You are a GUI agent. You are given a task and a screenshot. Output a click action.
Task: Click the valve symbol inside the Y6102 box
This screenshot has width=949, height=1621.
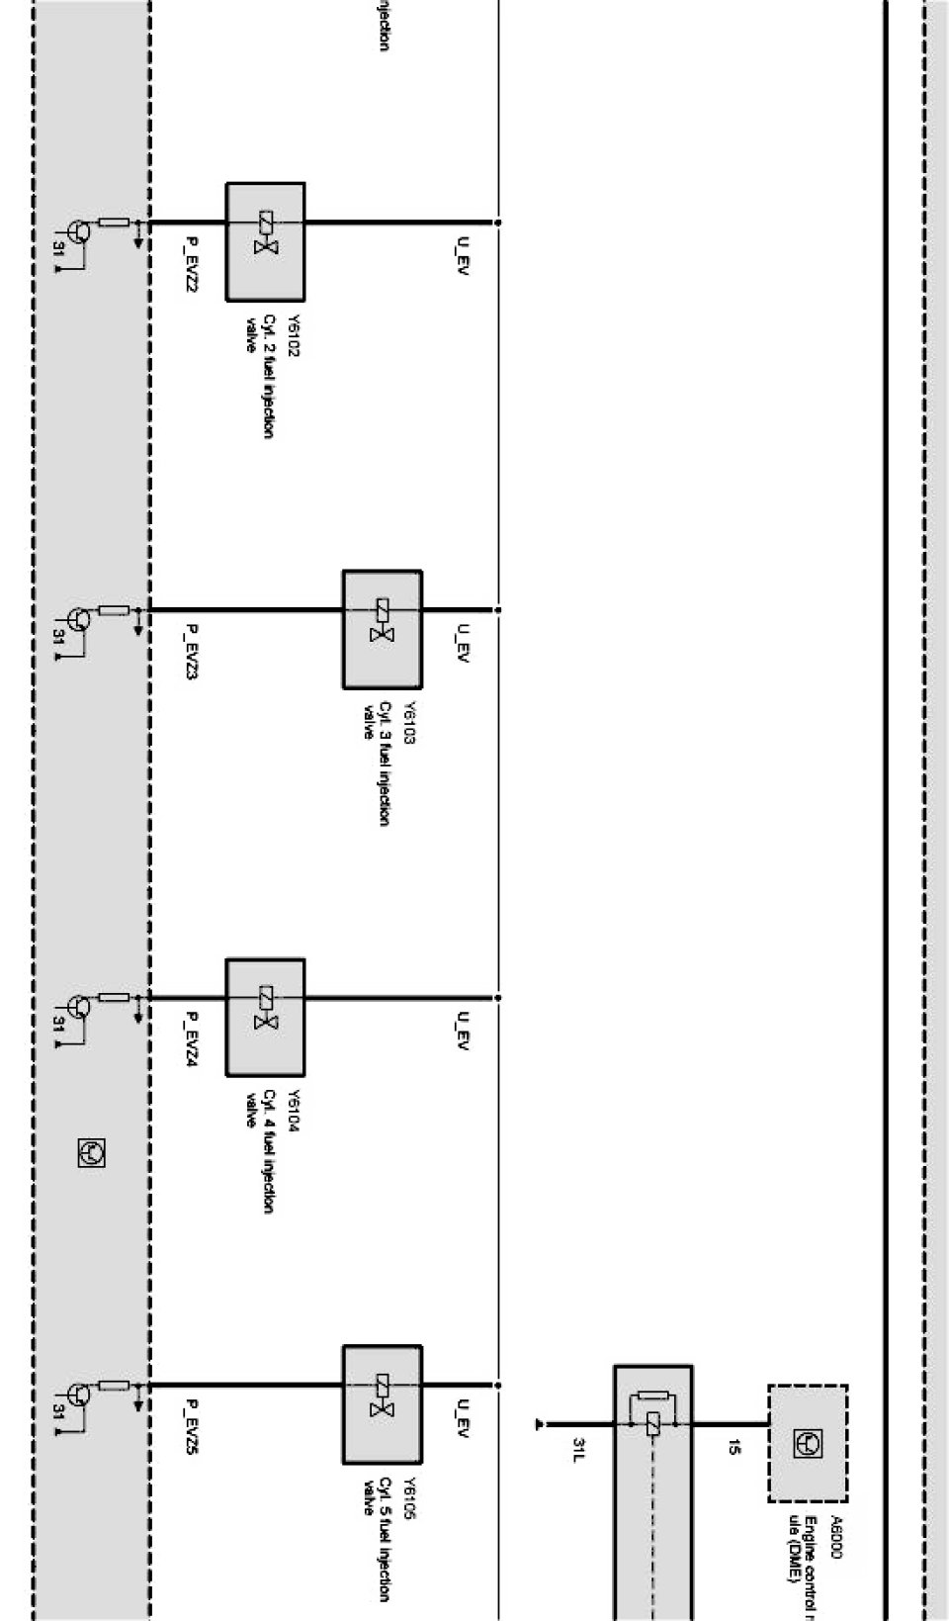pyautogui.click(x=265, y=233)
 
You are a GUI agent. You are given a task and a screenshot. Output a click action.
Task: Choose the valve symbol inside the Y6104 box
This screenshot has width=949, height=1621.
pyautogui.click(x=265, y=1009)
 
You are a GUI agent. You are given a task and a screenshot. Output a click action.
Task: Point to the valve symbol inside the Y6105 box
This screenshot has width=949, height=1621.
pyautogui.click(x=382, y=1396)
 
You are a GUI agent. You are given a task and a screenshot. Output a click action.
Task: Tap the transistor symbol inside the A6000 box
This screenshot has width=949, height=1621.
pyautogui.click(x=807, y=1444)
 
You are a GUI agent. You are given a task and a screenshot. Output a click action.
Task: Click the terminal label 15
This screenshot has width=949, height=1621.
pyautogui.click(x=733, y=1449)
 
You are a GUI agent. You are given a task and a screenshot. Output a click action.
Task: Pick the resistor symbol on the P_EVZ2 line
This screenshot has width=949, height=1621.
pyautogui.click(x=115, y=223)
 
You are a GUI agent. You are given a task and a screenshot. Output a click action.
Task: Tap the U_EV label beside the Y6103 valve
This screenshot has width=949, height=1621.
pyautogui.click(x=462, y=643)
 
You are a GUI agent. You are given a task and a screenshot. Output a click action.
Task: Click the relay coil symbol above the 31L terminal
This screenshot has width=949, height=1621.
pyautogui.click(x=651, y=1424)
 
